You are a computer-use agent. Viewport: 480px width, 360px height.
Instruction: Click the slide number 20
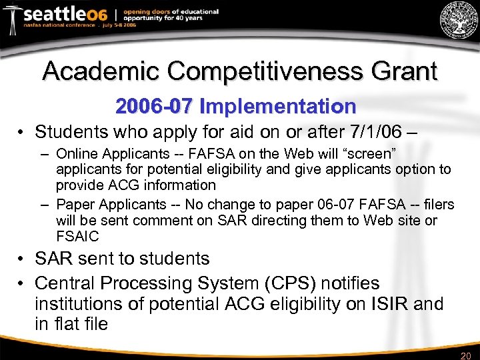point(465,355)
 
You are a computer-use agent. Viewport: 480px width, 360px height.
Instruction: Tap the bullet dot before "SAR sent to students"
point(22,259)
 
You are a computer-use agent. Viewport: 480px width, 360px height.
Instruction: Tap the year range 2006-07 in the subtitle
point(153,106)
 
